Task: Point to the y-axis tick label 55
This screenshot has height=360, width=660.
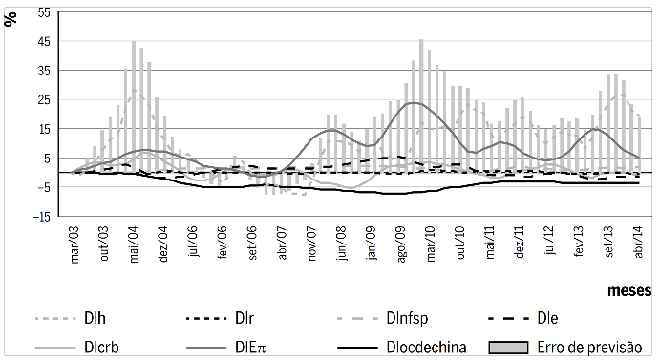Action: point(44,11)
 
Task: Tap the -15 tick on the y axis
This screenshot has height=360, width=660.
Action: point(42,216)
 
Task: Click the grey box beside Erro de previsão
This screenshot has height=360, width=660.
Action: point(506,346)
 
